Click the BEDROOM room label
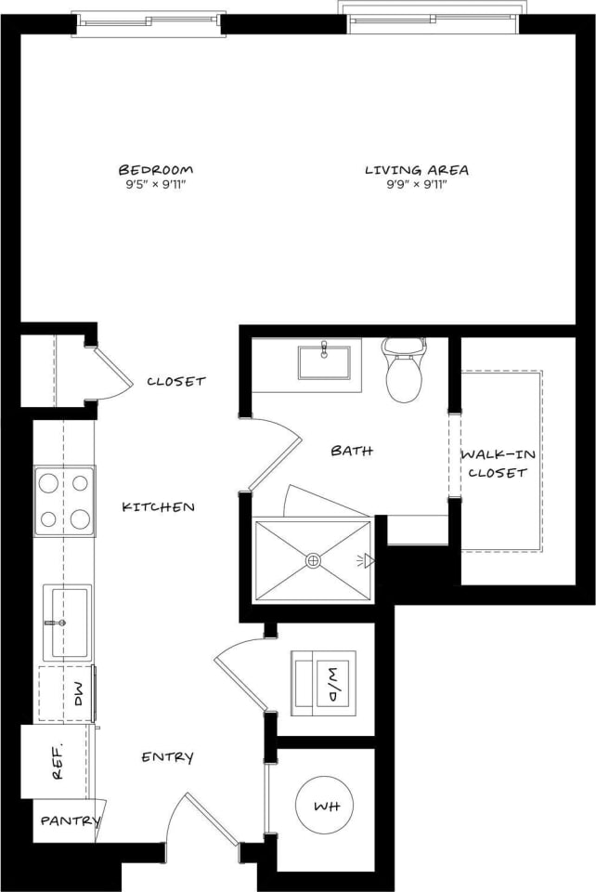[155, 169]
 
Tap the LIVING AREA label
[416, 169]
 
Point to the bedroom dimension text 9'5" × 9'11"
[155, 184]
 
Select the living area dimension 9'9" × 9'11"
[416, 184]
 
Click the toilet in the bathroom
[404, 372]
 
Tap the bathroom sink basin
[324, 361]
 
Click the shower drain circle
[313, 560]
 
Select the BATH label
[352, 451]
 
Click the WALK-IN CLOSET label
[498, 463]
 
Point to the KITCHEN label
[159, 506]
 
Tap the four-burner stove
[64, 501]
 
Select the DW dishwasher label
[78, 692]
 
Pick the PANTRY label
[69, 820]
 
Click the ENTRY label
[167, 757]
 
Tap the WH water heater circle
[324, 804]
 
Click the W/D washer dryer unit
[323, 682]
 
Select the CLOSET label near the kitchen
[176, 381]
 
